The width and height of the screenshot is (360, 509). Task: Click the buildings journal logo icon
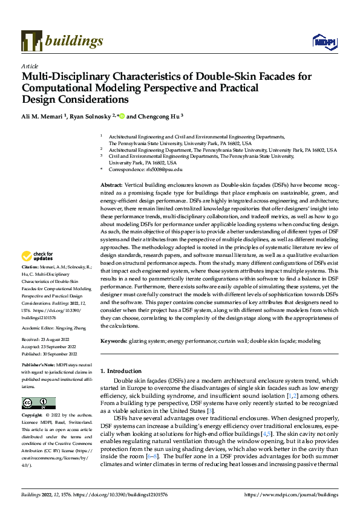point(31,41)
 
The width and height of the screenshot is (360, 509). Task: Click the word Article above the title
point(30,66)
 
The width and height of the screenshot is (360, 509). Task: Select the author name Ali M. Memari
point(44,115)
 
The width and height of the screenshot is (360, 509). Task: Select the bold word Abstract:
point(111,184)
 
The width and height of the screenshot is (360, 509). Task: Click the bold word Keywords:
point(113,342)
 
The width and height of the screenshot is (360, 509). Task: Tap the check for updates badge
point(38,273)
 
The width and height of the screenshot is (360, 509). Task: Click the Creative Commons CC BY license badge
point(38,403)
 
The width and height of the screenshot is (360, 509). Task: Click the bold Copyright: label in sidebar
point(32,416)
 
